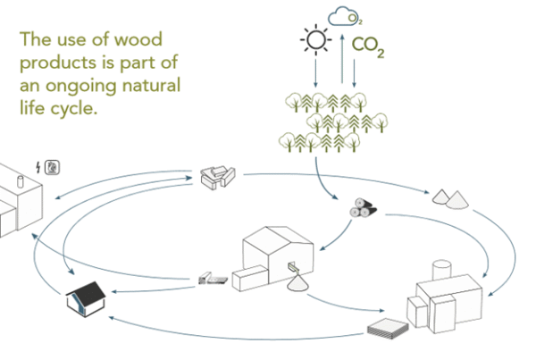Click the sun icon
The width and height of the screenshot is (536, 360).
315,42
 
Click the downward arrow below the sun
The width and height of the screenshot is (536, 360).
315,72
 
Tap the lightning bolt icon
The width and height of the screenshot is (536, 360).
37,166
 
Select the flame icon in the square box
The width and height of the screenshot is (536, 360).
53,166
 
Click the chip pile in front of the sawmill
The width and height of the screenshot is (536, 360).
299,285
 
